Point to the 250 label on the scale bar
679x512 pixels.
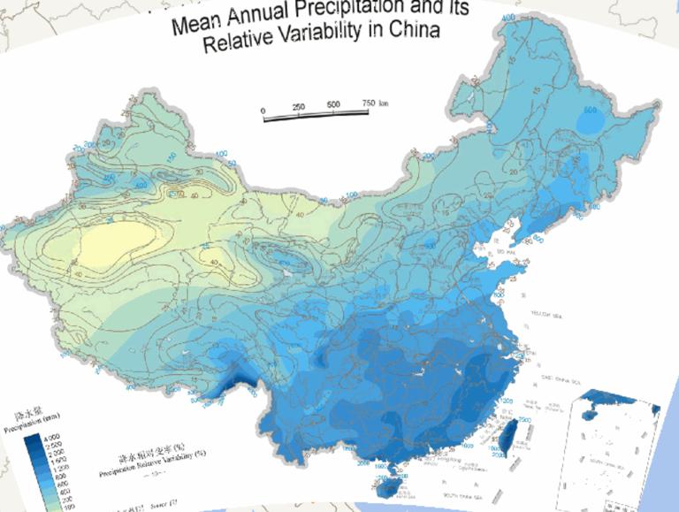click(298, 106)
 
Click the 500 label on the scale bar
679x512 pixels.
click(333, 104)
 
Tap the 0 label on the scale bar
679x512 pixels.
click(263, 110)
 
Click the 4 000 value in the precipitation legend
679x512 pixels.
click(50, 439)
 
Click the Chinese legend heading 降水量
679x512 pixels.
click(26, 414)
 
